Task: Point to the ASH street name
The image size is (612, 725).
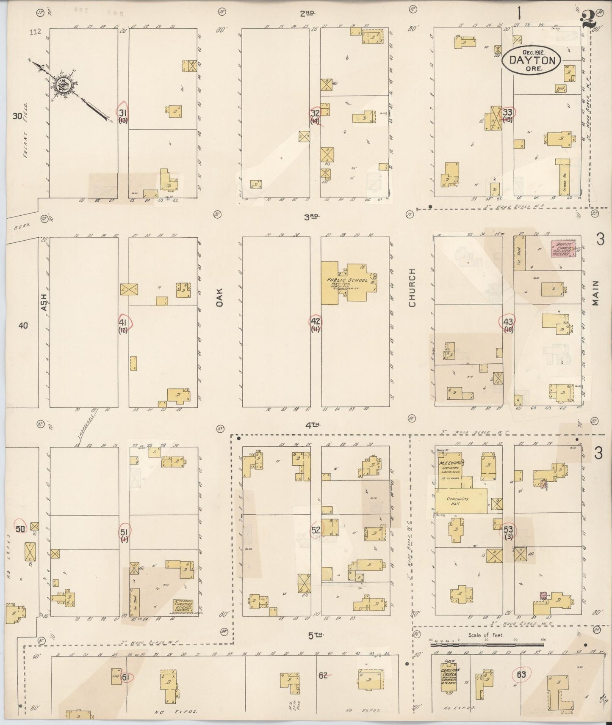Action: (44, 302)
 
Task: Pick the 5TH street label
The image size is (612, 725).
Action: (312, 635)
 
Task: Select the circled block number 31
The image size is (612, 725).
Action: (123, 113)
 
